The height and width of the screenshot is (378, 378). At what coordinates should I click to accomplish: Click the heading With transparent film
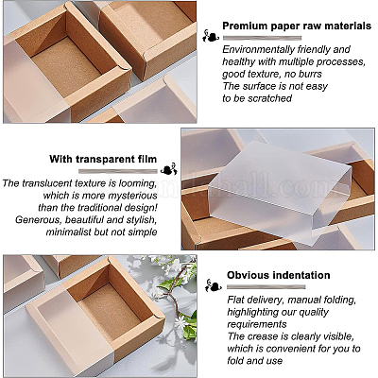point(103,159)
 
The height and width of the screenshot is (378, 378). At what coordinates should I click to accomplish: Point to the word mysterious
point(132,196)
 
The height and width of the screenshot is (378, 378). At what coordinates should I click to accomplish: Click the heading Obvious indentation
point(279,275)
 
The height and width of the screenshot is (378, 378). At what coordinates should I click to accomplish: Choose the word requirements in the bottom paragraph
point(257,324)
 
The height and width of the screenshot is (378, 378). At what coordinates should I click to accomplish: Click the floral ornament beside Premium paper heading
point(211,36)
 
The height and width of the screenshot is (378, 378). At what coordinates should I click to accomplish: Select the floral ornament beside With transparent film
point(169,169)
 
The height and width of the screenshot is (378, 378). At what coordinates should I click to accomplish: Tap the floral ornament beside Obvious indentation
point(214,285)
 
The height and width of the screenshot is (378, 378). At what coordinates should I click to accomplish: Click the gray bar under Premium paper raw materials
point(262,38)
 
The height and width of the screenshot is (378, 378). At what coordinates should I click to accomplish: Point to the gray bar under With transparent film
point(118,171)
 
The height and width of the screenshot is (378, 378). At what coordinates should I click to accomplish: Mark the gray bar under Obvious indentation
point(266,287)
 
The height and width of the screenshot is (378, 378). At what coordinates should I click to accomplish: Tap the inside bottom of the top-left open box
point(73,67)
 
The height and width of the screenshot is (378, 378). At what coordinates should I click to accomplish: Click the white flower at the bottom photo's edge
point(180,322)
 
